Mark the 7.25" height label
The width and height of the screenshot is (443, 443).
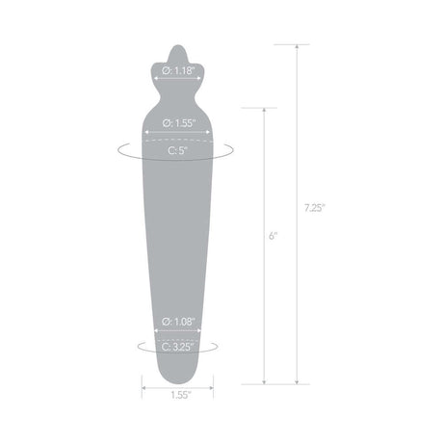point(309,207)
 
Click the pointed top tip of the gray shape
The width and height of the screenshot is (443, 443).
point(172,45)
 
